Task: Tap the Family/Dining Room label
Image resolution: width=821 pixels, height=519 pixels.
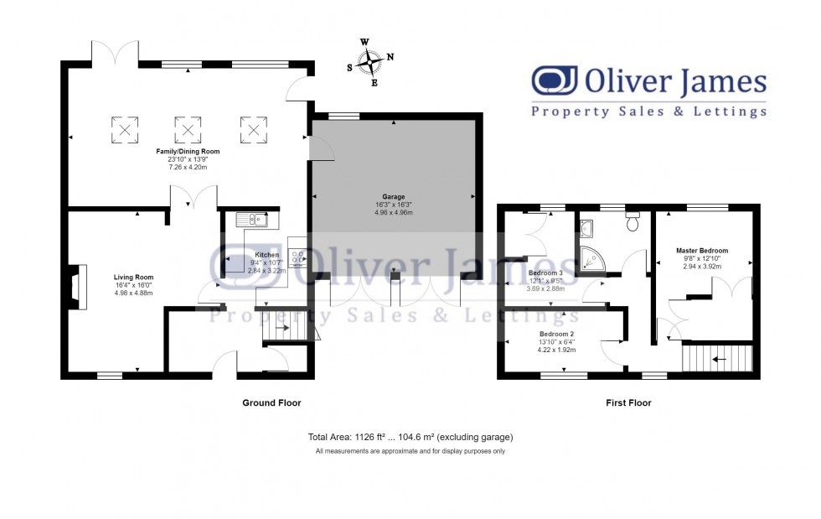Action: pos(188,151)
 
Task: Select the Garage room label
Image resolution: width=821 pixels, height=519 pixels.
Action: pos(394,197)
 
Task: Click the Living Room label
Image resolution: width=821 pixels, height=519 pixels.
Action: pos(134,277)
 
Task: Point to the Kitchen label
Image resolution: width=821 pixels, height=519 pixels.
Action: pos(266,255)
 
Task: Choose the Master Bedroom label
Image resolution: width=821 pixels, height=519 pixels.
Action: pos(702,250)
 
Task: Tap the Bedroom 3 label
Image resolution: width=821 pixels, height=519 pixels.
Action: pos(545,272)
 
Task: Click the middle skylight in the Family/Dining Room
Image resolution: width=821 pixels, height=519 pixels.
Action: pos(188,129)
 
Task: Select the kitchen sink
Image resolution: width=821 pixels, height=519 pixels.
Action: pos(251,220)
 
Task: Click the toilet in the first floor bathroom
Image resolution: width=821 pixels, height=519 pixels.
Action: pos(633,223)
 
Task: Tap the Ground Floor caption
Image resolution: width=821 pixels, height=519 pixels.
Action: pos(271,403)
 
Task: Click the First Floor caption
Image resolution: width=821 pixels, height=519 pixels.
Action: pos(628,403)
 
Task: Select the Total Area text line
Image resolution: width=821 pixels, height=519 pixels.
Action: pos(410,437)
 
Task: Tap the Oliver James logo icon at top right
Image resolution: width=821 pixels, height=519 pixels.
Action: pos(555,82)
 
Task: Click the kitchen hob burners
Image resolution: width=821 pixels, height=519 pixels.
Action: pos(297,256)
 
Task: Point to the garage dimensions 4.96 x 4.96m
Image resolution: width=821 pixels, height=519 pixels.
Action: pos(394,212)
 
